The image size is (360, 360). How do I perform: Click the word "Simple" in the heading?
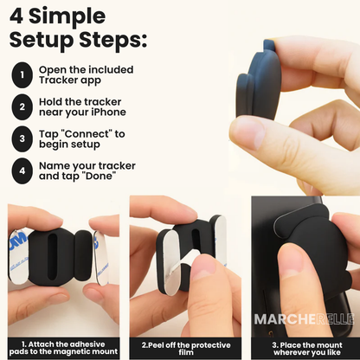[68, 16]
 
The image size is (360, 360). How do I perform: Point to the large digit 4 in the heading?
[18, 16]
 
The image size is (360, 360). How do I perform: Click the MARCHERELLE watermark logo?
[304, 318]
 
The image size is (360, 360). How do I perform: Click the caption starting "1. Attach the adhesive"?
[61, 344]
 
